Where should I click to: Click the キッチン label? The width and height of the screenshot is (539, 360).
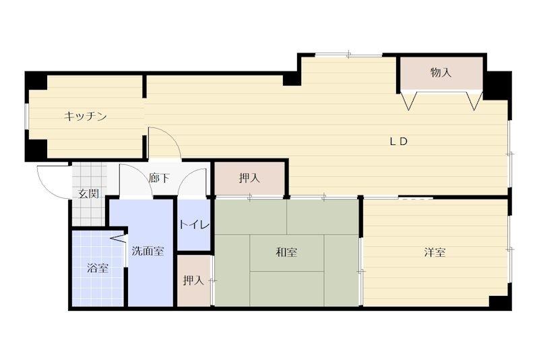(86, 117)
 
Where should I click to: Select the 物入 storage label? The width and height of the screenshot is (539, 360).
(441, 73)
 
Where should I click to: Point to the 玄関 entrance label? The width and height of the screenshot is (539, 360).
(88, 194)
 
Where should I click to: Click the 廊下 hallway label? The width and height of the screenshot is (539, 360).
(160, 179)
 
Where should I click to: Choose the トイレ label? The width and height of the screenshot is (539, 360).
(194, 225)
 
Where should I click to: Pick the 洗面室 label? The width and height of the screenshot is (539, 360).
(147, 251)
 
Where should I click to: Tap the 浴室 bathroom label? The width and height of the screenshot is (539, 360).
(98, 268)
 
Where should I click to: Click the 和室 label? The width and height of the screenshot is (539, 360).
(286, 253)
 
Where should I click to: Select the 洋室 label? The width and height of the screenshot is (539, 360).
(435, 253)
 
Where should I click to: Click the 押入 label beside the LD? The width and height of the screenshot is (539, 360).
(249, 179)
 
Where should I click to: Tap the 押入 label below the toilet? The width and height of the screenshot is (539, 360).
(193, 280)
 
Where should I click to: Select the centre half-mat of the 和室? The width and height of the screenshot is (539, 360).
(286, 253)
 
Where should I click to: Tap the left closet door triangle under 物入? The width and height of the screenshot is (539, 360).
(408, 101)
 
